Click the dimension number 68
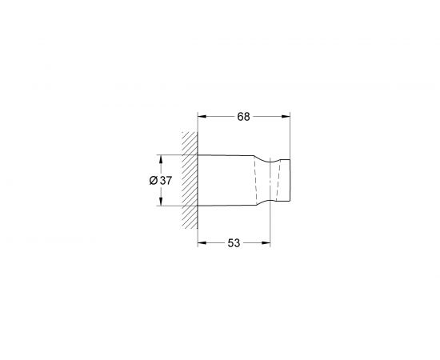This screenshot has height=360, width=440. [x=243, y=117]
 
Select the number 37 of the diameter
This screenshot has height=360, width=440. [x=166, y=181]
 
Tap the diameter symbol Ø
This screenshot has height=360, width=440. [x=153, y=181]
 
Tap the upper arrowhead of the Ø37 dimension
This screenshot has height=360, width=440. [x=162, y=158]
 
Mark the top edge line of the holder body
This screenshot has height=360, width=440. [x=224, y=154]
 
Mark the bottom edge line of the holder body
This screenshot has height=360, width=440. [x=224, y=206]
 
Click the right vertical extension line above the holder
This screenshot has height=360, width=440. [x=290, y=136]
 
